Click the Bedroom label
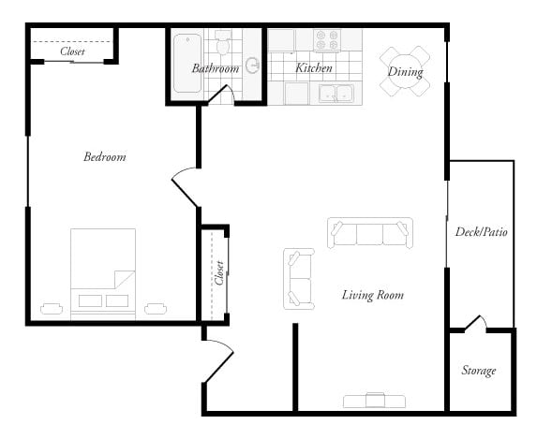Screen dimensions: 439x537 click(104, 157)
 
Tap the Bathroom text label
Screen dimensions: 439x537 click(216, 68)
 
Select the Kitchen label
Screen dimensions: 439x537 click(314, 68)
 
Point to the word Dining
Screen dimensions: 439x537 click(405, 71)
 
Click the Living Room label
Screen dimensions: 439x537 click(372, 296)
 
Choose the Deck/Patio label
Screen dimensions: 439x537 click(481, 232)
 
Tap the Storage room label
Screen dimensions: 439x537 click(478, 371)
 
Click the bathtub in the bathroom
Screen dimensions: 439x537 click(187, 63)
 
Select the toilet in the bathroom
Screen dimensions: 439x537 click(223, 43)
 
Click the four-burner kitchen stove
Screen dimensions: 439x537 click(328, 40)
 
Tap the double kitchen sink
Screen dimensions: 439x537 click(335, 93)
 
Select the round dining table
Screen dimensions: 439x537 click(405, 71)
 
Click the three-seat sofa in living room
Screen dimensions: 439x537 click(369, 232)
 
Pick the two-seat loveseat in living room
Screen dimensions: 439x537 click(298, 278)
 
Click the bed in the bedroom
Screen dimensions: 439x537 click(103, 274)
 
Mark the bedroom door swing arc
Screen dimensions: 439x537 click(184, 185)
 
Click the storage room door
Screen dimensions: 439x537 click(475, 324)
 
